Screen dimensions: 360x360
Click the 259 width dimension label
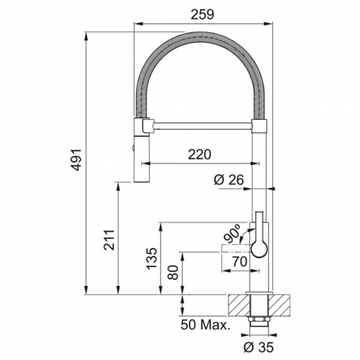(202, 14)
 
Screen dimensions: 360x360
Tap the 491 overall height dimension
(76, 160)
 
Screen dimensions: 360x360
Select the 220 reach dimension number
(199, 154)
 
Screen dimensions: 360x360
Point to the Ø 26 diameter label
(228, 179)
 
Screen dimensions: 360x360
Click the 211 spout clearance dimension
(109, 240)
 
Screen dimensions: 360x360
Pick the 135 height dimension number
(152, 258)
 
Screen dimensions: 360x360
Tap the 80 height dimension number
(173, 272)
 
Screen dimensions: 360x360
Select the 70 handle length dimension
(240, 261)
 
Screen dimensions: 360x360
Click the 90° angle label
(232, 234)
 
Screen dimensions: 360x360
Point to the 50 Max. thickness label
(206, 325)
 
